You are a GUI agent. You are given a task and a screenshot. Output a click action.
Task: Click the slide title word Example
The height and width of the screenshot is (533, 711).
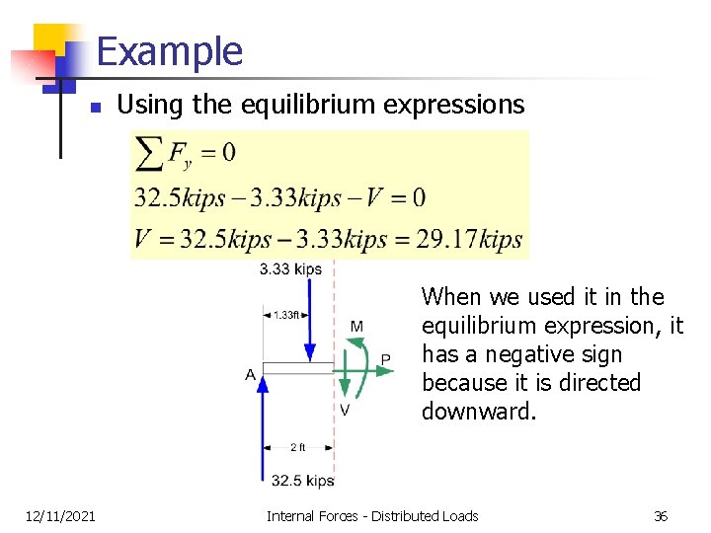169,51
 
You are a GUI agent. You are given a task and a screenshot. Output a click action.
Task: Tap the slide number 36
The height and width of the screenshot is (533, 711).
661,515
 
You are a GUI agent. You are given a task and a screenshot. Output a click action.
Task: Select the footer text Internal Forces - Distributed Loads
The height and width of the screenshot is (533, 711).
372,515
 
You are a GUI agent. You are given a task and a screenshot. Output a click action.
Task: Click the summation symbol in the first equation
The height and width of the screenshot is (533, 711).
149,153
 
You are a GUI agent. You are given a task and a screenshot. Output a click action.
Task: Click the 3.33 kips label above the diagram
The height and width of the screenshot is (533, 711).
290,268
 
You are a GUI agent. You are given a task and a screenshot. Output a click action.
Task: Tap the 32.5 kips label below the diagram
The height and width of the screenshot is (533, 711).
302,481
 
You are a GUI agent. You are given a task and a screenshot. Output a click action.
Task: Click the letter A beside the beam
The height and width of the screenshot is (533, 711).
251,374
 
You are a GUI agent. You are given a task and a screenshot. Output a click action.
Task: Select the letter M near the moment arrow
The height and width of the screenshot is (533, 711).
355,326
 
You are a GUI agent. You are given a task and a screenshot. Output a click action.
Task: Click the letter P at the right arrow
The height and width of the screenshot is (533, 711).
385,359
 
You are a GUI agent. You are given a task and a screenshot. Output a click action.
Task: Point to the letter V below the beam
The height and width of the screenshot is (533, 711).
344,410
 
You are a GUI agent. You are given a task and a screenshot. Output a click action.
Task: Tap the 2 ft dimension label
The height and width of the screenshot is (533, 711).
297,447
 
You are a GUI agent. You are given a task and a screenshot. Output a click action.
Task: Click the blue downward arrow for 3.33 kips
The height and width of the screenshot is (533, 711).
310,321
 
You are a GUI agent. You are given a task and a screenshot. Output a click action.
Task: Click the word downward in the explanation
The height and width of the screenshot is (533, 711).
478,412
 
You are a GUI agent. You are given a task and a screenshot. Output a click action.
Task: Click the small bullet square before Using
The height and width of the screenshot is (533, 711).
93,107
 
